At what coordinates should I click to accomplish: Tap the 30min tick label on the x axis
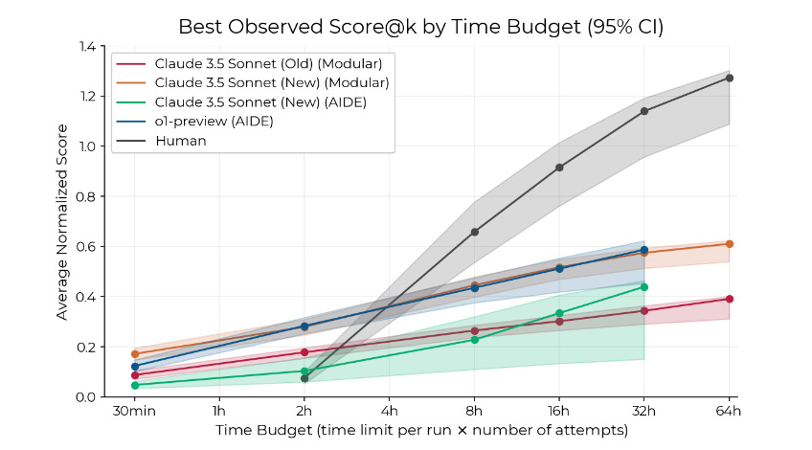135,414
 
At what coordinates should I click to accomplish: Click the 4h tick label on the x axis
390,414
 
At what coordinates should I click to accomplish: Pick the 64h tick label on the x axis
730,414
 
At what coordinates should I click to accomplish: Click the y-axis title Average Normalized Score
62,221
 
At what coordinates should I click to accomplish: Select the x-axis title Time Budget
421,433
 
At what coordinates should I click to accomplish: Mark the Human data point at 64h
730,78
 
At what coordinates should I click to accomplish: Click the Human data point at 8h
475,232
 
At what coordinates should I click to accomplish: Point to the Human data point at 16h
559,168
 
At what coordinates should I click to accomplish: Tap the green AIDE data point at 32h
644,287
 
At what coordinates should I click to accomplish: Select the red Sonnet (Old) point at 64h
730,299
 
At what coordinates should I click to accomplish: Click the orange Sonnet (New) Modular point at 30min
135,354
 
